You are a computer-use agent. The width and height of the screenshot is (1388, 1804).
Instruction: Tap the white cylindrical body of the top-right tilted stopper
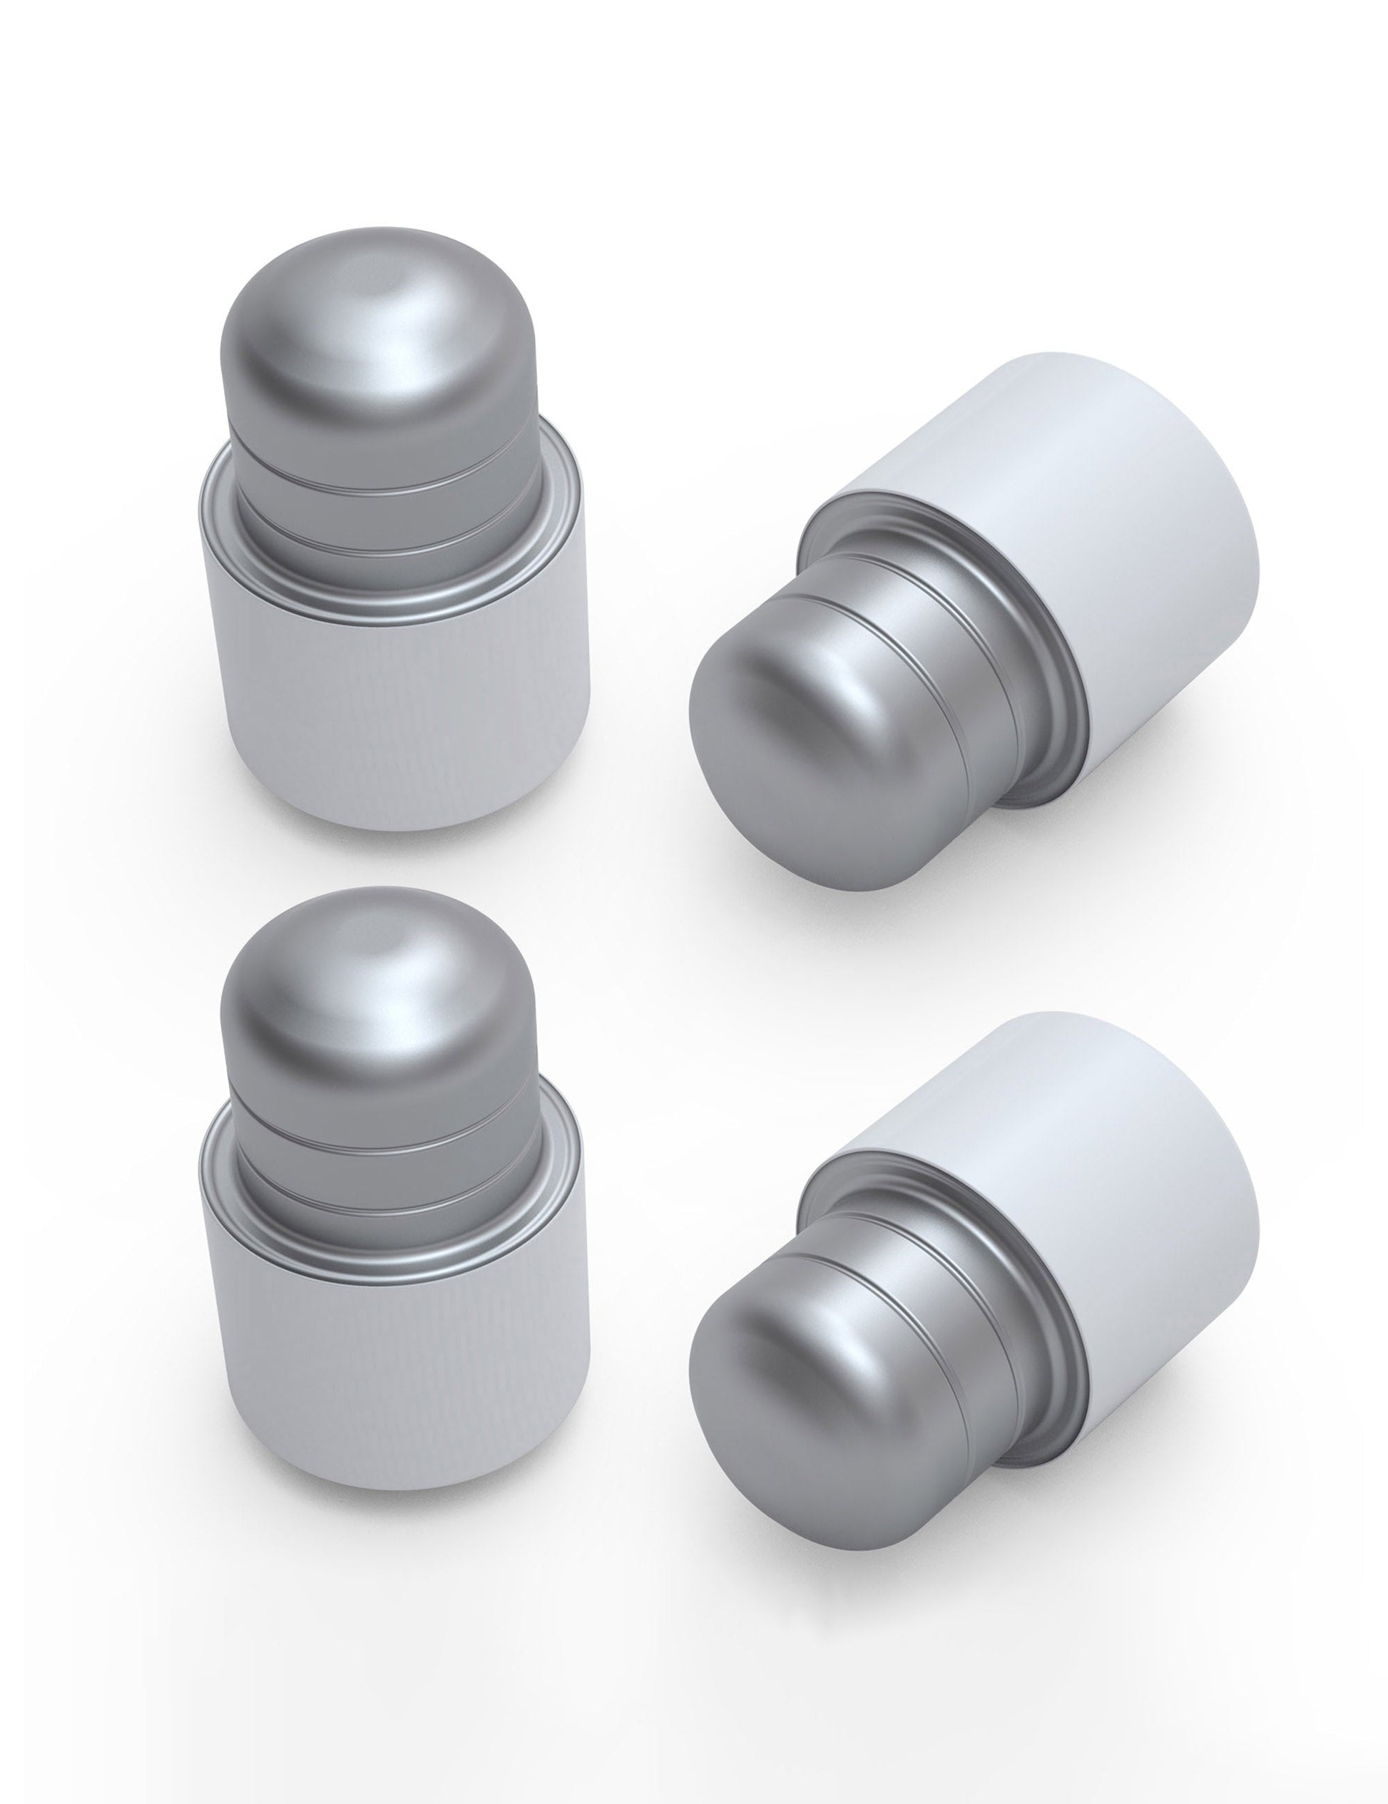pos(1099,512)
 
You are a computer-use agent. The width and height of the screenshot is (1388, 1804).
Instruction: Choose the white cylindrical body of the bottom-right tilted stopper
pos(1099,1173)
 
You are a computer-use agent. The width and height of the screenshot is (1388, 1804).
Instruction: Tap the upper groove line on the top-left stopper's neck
pos(388,486)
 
